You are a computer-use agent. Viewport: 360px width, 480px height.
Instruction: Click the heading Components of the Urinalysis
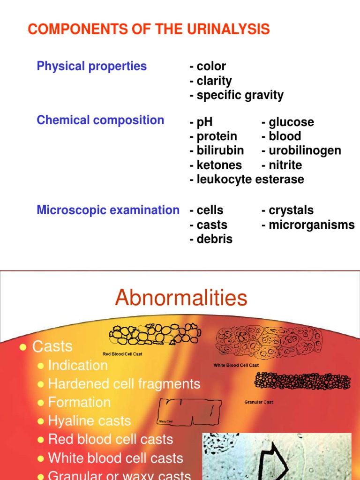coord(149,30)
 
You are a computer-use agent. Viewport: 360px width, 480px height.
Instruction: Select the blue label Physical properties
coord(92,66)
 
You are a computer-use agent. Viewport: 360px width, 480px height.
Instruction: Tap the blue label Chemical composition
coord(100,120)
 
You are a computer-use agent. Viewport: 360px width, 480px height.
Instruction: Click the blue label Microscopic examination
coord(108,210)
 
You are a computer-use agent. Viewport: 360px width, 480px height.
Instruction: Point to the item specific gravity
coord(237,95)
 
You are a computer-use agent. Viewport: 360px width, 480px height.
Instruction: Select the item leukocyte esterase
coord(247,179)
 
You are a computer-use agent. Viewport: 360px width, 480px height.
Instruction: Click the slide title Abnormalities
coord(181,297)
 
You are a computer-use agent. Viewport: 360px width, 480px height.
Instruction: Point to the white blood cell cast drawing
coord(269,341)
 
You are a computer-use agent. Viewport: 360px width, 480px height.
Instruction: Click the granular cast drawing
coord(302,381)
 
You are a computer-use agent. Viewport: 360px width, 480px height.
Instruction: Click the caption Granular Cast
coord(259,402)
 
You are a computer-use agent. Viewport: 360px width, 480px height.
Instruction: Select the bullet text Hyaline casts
coord(90,421)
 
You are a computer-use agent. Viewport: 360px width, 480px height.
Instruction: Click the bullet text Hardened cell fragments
coord(124,384)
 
